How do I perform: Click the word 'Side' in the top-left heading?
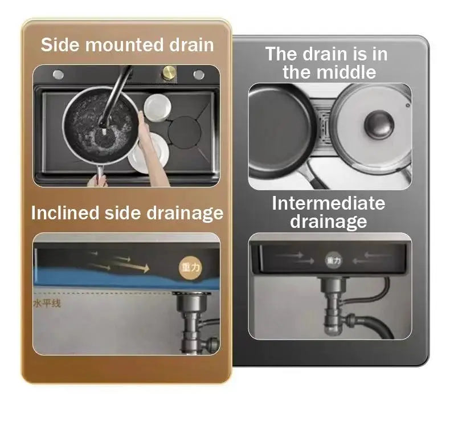point(59,45)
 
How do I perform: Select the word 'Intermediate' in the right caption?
point(328,203)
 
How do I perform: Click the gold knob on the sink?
point(169,73)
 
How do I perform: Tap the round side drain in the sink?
point(184,133)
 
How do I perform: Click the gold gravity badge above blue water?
point(190,267)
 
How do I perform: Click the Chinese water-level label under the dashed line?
point(47,303)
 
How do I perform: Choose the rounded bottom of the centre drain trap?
point(333,328)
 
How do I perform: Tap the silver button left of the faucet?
point(58,74)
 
